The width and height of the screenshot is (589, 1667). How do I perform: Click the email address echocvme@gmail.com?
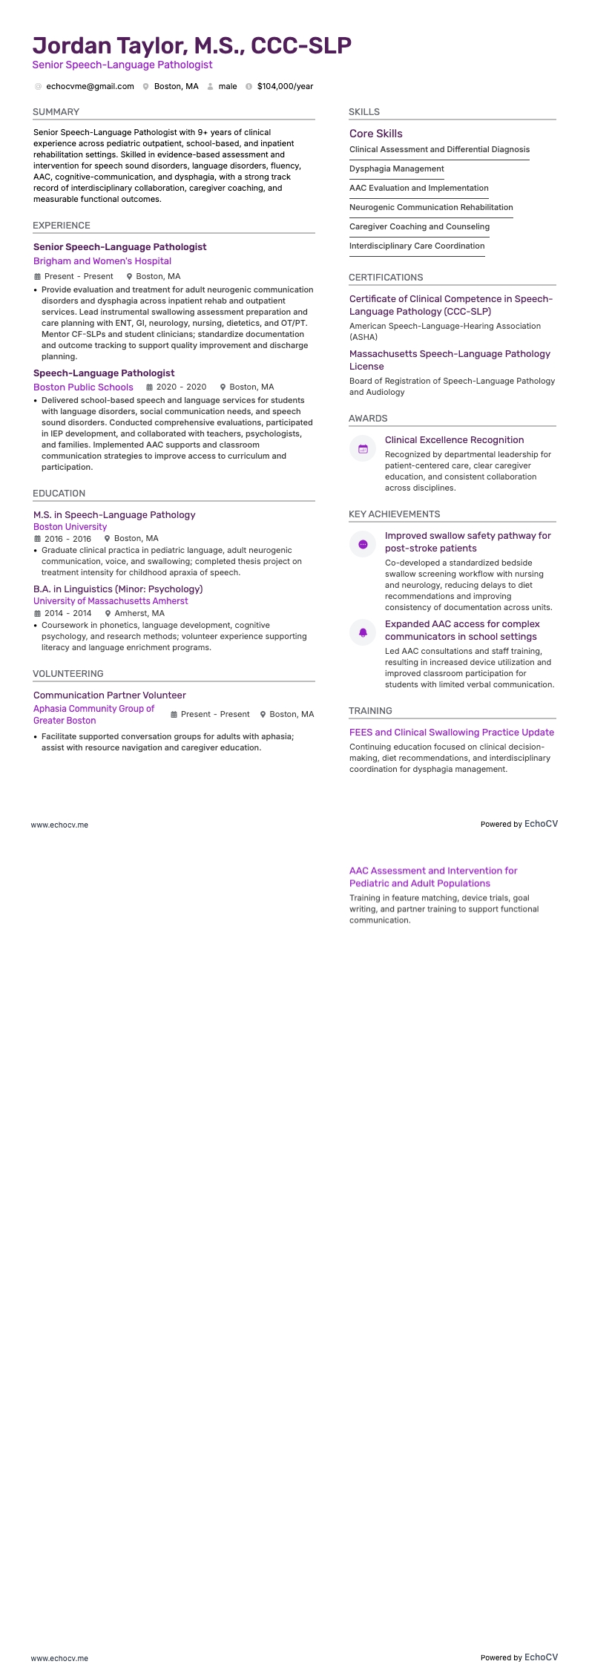coord(90,86)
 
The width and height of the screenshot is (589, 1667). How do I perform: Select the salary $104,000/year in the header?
coord(285,86)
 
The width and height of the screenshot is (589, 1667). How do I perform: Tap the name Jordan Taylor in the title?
coord(108,45)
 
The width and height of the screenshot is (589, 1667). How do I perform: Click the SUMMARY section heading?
coord(56,112)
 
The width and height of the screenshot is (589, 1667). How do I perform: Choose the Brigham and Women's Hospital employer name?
coord(102,261)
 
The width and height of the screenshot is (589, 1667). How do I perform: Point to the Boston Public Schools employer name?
coord(83,387)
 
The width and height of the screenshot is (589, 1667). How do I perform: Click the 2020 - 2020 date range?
coord(181,387)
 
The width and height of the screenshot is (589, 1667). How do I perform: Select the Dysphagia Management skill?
coord(396,168)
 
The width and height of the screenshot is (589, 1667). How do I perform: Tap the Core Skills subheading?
coord(375,134)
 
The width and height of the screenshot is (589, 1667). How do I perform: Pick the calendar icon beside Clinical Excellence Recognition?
coord(363,449)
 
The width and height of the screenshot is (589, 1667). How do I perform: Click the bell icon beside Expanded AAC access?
coord(363,632)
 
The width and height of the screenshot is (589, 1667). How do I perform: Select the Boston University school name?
coord(70,527)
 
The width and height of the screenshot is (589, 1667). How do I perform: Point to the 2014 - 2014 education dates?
coord(68,613)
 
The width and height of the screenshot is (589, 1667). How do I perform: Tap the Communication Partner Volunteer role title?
coord(109,695)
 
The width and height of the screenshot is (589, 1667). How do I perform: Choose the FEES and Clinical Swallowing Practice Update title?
coord(451,733)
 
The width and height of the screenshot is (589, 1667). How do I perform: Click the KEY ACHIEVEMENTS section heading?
coord(394,514)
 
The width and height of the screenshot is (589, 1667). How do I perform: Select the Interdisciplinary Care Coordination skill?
coord(417,246)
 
